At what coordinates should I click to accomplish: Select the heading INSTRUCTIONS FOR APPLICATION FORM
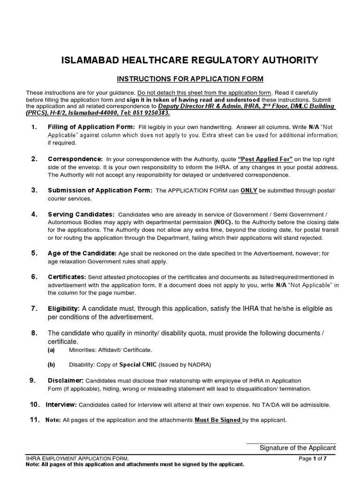pyautogui.click(x=190, y=78)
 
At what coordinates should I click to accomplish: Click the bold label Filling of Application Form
pyautogui.click(x=91, y=127)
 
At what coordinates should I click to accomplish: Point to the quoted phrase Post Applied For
pyautogui.click(x=265, y=159)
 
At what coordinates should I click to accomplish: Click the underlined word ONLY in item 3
pyautogui.click(x=249, y=191)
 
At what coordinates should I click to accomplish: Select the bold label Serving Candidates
pyautogui.click(x=81, y=214)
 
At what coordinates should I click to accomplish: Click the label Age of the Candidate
pyautogui.click(x=82, y=253)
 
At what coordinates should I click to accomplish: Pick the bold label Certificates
pyautogui.click(x=67, y=277)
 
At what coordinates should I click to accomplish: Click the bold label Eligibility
pyautogui.click(x=64, y=309)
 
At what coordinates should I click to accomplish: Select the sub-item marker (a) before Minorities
pyautogui.click(x=51, y=350)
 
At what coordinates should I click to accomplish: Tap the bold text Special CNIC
pyautogui.click(x=138, y=364)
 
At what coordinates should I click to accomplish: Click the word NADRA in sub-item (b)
pyautogui.click(x=201, y=364)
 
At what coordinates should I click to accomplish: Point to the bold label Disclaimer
pyautogui.click(x=66, y=380)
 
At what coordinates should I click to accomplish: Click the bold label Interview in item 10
pyautogui.click(x=61, y=405)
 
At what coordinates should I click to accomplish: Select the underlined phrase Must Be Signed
pyautogui.click(x=218, y=420)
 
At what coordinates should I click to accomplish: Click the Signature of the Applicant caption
pyautogui.click(x=298, y=448)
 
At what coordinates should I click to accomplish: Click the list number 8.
pyautogui.click(x=34, y=333)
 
